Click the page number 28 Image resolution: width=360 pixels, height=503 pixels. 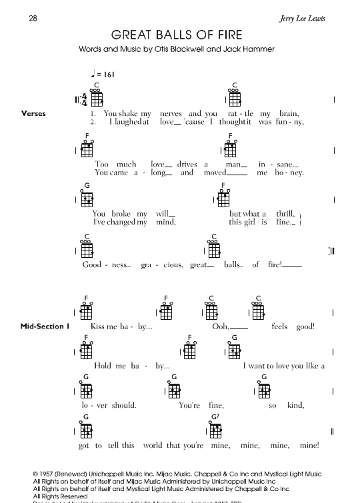click(x=33, y=18)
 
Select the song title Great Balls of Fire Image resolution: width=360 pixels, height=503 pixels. click(x=177, y=35)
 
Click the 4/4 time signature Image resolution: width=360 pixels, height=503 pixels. click(x=84, y=100)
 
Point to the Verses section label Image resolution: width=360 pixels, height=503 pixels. click(x=33, y=113)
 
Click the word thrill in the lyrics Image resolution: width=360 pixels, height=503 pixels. click(x=285, y=214)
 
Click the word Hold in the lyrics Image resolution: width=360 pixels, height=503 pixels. click(x=103, y=366)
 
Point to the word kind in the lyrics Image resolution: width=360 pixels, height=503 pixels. click(x=295, y=405)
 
